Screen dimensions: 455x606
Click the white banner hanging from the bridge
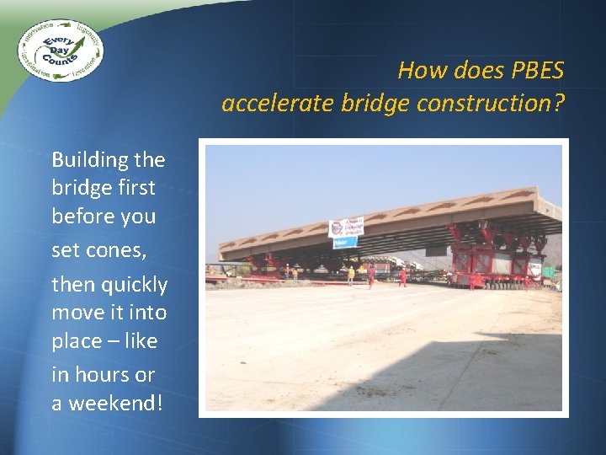(345, 227)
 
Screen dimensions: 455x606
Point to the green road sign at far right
(548, 271)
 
